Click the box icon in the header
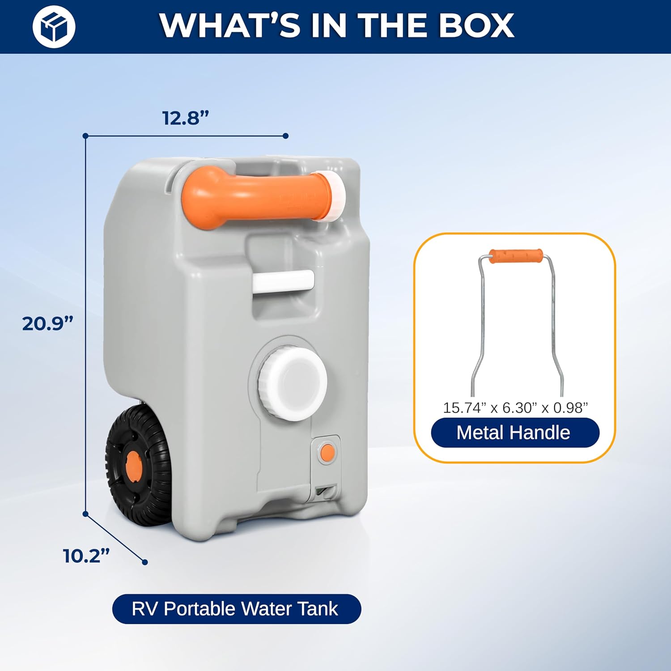pos(54,26)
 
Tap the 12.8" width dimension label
pos(186,118)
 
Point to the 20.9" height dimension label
pos(47,323)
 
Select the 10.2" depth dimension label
pos(86,556)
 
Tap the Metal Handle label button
pos(515,433)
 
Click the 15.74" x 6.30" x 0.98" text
pos(515,408)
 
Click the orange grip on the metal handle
pos(515,256)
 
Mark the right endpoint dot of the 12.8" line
pos(286,136)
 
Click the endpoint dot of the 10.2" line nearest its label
pos(144,562)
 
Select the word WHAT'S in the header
pos(230,25)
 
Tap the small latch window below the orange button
pos(326,492)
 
